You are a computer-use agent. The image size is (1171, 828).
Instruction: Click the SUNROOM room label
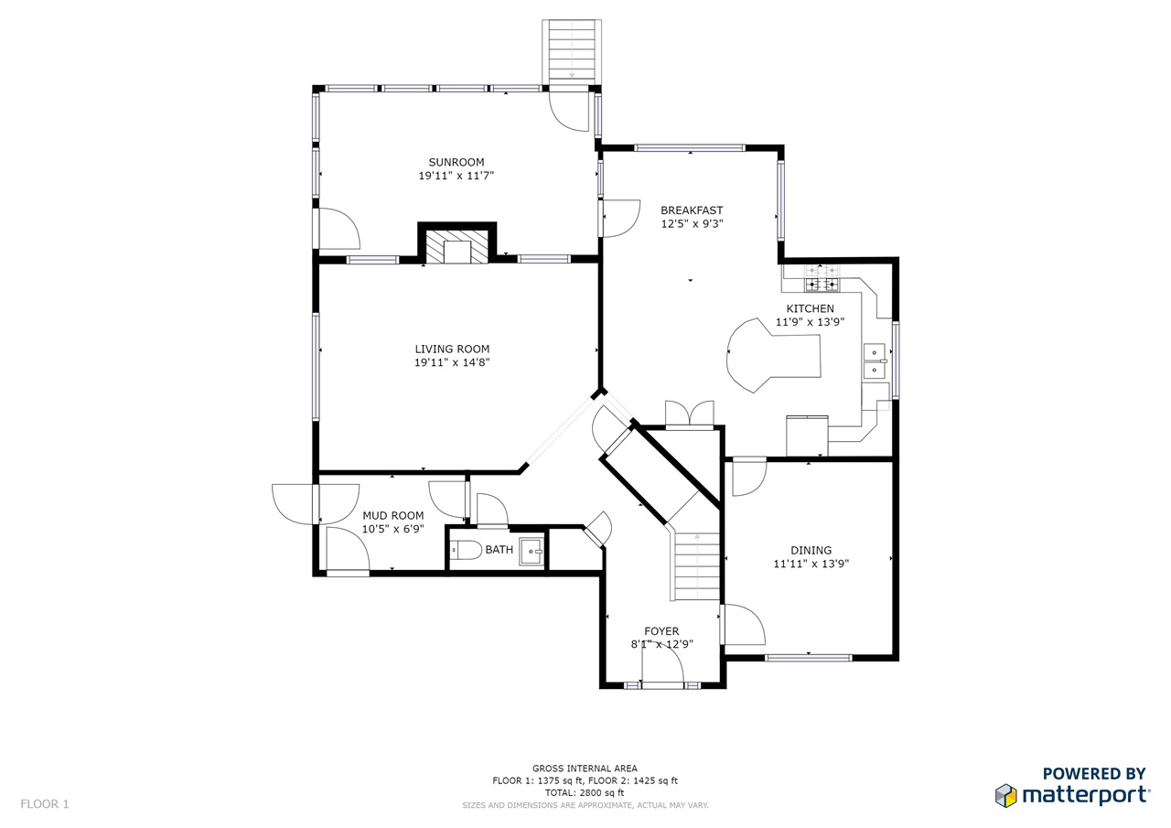click(457, 162)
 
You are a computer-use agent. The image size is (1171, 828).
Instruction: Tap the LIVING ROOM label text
click(452, 349)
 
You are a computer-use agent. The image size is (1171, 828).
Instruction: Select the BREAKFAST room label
click(692, 210)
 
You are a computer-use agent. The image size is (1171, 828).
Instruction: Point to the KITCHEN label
click(811, 308)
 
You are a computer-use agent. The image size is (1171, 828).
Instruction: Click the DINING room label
click(811, 550)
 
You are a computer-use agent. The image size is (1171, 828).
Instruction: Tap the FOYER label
click(661, 631)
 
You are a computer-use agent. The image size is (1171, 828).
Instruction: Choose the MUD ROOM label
click(393, 515)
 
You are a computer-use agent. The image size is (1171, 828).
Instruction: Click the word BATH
click(500, 549)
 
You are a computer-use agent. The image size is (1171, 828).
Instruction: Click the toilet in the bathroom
click(467, 550)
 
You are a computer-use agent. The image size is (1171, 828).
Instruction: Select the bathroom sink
click(532, 551)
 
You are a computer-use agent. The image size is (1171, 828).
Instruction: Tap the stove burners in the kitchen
click(822, 278)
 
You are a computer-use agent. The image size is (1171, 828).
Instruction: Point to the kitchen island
click(774, 354)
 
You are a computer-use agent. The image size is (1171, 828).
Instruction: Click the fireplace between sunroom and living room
click(457, 247)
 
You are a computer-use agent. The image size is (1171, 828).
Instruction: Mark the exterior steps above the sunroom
click(572, 51)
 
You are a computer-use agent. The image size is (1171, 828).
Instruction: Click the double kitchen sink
click(874, 360)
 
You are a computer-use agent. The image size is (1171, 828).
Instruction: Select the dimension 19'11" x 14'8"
click(452, 362)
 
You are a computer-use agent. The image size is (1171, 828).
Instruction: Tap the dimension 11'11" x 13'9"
click(811, 564)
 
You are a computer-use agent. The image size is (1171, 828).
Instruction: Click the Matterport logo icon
click(1005, 796)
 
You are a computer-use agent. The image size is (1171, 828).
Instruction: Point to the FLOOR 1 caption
click(45, 804)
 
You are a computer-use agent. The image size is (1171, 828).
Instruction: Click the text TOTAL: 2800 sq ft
click(585, 792)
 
